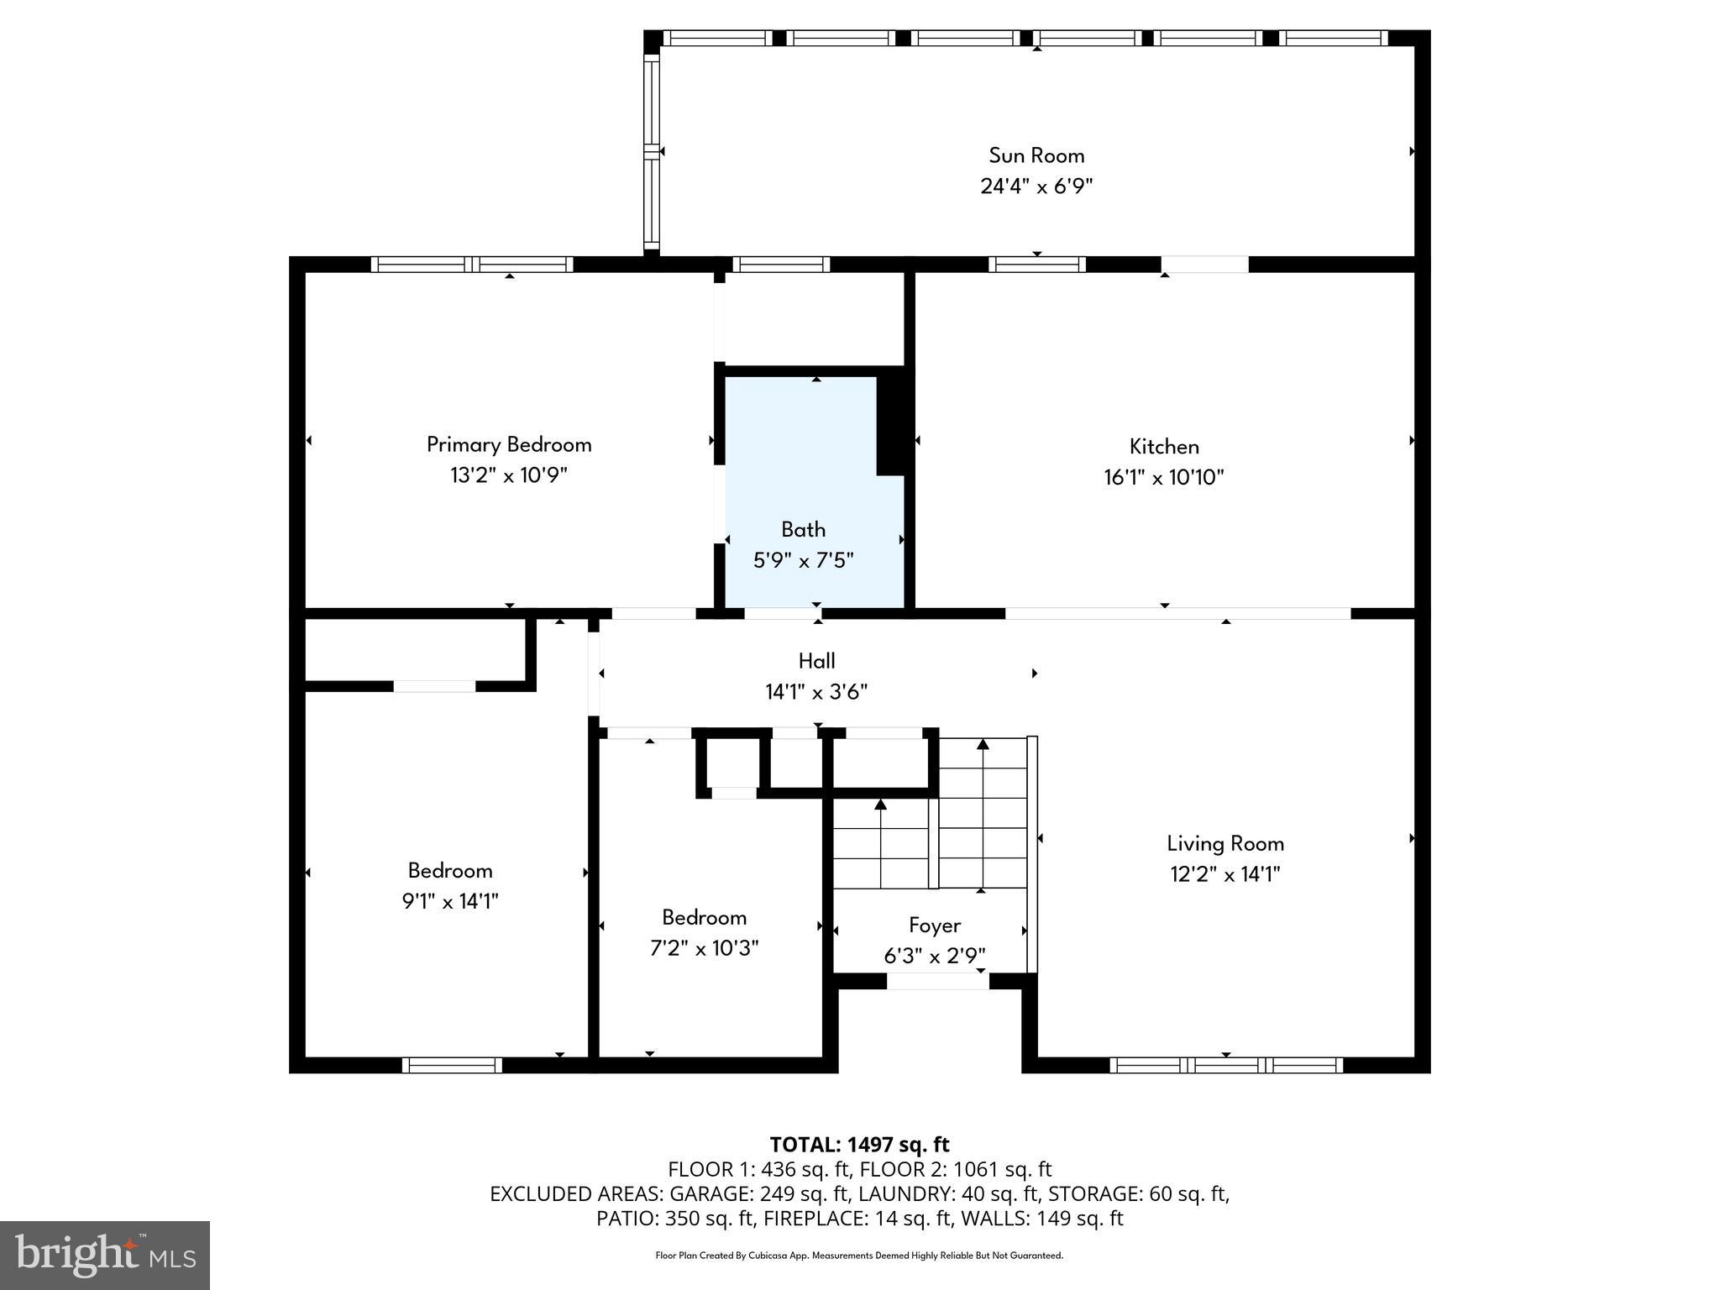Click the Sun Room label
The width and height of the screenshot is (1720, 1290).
1036,155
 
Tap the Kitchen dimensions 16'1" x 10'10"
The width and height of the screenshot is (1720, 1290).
1163,478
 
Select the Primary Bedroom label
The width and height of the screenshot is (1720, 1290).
509,444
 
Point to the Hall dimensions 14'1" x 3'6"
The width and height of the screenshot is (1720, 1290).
815,692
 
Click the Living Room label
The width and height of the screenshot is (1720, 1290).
1224,843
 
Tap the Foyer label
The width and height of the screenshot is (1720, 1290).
934,925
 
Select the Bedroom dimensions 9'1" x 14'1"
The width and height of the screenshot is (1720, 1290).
450,901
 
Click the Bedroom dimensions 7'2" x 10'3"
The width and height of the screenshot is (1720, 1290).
704,948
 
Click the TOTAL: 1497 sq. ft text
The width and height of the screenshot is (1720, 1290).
859,1145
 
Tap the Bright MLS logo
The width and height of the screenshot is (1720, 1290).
105,1255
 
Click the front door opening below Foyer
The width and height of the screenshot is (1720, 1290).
937,981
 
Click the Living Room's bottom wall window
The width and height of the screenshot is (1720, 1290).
1225,1065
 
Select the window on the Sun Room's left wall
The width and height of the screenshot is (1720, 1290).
652,151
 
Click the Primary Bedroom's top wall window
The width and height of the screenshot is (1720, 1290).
472,265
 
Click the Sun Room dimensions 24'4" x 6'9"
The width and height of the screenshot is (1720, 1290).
1036,186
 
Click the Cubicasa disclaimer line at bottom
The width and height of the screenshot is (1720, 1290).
859,1256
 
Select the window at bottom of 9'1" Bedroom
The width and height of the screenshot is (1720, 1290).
452,1065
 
